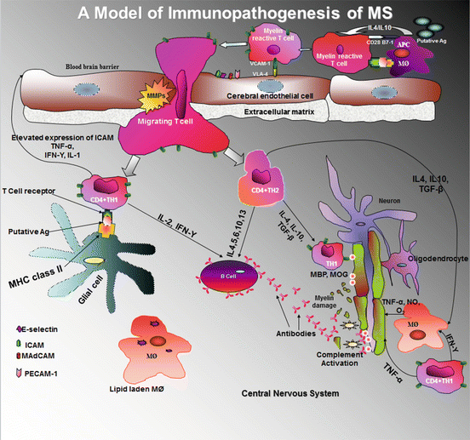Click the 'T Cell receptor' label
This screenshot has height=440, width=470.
[34, 192]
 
